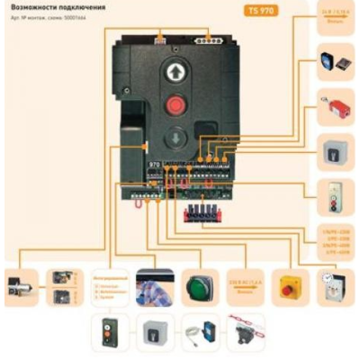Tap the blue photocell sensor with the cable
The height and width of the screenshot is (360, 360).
click(199, 331)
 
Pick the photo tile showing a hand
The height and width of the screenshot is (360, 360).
click(154, 286)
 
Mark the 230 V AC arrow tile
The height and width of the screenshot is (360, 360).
click(244, 286)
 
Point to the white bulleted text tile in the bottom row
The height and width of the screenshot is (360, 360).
click(110, 286)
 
